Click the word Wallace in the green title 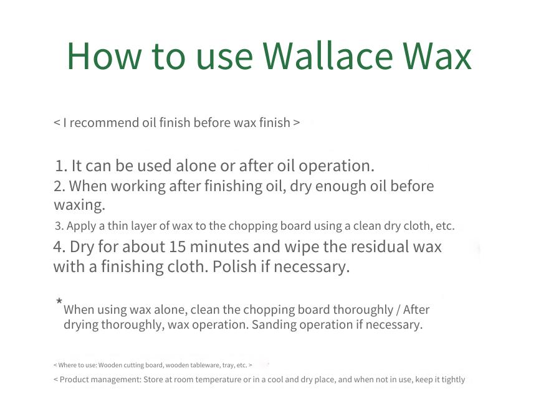coord(327,56)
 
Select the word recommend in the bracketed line coord(104,123)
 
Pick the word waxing coord(79,205)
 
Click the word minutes coord(219,247)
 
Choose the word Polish coord(234,266)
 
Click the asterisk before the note coord(59,301)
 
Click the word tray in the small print coord(228,365)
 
